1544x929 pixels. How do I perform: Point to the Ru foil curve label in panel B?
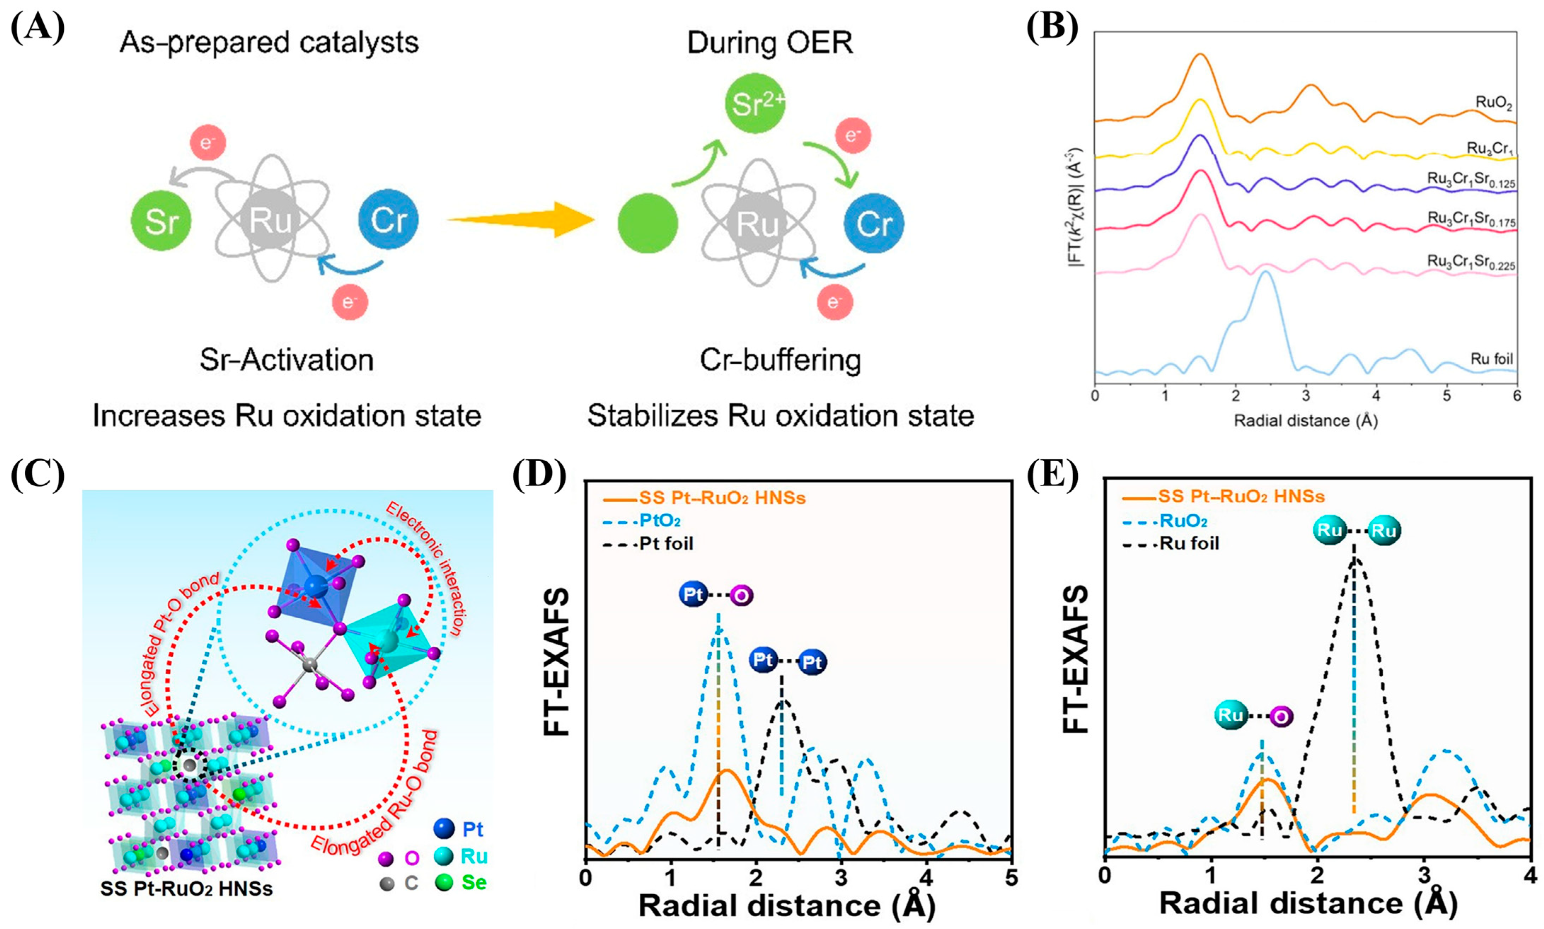(1491, 359)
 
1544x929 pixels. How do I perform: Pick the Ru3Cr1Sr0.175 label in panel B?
(1471, 219)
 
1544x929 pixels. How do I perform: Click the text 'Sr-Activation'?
(287, 360)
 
